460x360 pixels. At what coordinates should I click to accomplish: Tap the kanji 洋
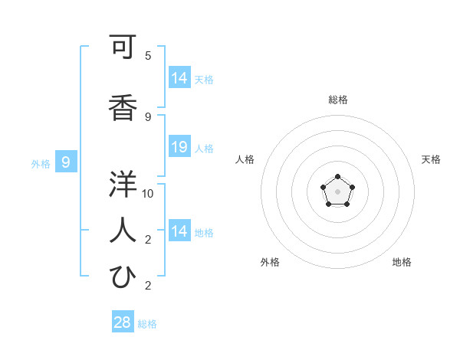click(123, 184)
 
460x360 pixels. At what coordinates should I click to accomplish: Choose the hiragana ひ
click(123, 277)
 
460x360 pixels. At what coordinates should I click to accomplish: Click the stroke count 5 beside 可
click(148, 56)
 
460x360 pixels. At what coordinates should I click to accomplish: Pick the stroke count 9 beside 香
click(148, 116)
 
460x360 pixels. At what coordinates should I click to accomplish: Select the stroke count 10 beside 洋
click(148, 193)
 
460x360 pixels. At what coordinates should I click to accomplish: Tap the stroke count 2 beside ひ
click(148, 286)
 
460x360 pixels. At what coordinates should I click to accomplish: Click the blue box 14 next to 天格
click(179, 78)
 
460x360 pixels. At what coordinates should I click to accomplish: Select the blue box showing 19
click(179, 147)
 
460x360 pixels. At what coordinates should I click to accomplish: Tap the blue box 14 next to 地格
click(179, 231)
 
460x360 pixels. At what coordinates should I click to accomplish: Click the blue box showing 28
click(123, 322)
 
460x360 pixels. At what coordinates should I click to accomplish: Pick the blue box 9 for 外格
click(66, 162)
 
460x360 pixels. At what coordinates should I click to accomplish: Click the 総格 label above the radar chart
click(338, 100)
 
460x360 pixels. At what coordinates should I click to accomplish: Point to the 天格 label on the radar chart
click(431, 159)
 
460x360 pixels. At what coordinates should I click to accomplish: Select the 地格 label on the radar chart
click(402, 262)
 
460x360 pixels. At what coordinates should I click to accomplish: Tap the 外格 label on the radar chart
click(270, 262)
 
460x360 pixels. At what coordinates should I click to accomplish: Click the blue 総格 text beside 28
click(147, 324)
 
